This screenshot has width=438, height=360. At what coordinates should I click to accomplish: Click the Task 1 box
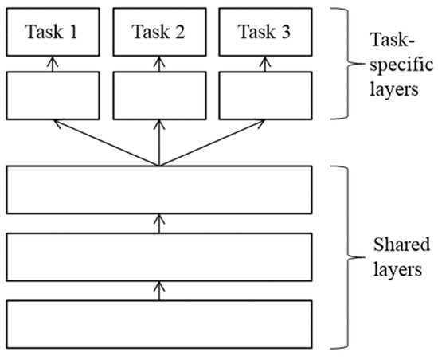tap(53, 33)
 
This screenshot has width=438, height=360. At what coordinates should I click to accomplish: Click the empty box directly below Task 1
tap(53, 94)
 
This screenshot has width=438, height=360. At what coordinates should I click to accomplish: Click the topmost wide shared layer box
tap(159, 190)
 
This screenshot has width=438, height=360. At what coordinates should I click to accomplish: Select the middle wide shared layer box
tap(159, 256)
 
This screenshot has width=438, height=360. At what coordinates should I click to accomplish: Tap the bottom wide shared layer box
tap(159, 323)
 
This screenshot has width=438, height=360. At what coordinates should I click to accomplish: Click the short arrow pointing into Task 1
tap(53, 64)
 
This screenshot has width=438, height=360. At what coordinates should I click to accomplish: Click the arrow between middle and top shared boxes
tap(159, 223)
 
